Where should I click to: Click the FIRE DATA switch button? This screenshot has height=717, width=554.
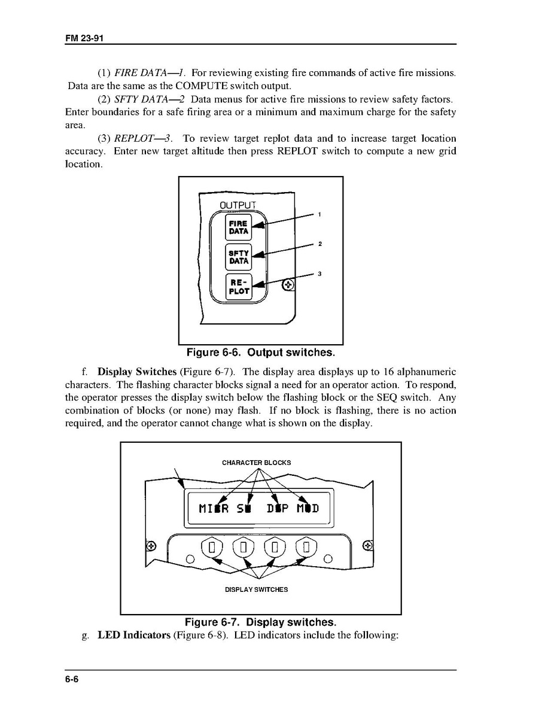[238, 227]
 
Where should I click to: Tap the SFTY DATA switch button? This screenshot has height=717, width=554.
[238, 257]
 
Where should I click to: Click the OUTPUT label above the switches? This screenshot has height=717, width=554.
[238, 205]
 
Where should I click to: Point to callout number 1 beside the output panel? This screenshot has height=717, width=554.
[320, 214]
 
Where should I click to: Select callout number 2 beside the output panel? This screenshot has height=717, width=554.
[320, 244]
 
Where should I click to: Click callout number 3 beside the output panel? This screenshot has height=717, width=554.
[320, 274]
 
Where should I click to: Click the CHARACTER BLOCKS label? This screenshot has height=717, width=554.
[256, 463]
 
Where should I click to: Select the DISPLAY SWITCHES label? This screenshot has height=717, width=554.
[256, 590]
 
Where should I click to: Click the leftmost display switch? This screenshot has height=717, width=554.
[212, 547]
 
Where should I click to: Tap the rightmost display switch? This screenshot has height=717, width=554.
[307, 547]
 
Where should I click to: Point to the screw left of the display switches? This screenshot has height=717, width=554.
[151, 546]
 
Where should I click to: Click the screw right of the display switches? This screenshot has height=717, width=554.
[369, 546]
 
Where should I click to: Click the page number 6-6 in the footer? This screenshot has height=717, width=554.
[72, 679]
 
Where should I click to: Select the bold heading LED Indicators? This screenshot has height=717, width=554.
[134, 635]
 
